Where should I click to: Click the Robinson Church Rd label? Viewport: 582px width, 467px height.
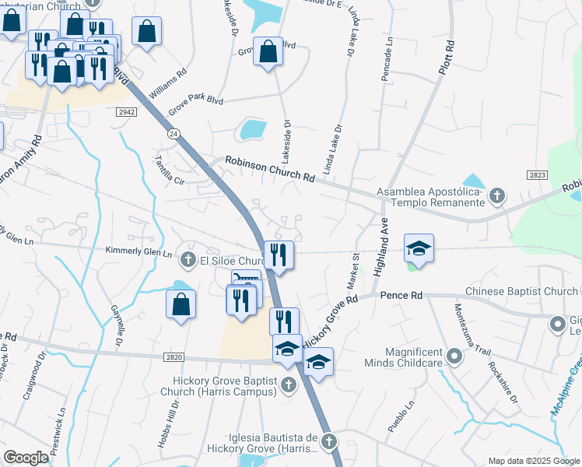click(x=270, y=169)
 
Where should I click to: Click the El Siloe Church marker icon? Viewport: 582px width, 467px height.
click(x=187, y=259)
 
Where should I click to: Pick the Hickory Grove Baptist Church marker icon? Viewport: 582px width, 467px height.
click(x=288, y=384)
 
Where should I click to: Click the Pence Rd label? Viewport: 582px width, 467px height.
click(x=401, y=296)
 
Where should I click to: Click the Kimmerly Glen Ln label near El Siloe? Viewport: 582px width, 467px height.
click(x=138, y=252)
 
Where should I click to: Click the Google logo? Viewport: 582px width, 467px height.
click(x=26, y=458)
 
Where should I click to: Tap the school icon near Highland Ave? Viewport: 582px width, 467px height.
click(x=419, y=249)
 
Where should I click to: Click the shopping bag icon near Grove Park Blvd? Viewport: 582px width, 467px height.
click(x=268, y=53)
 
